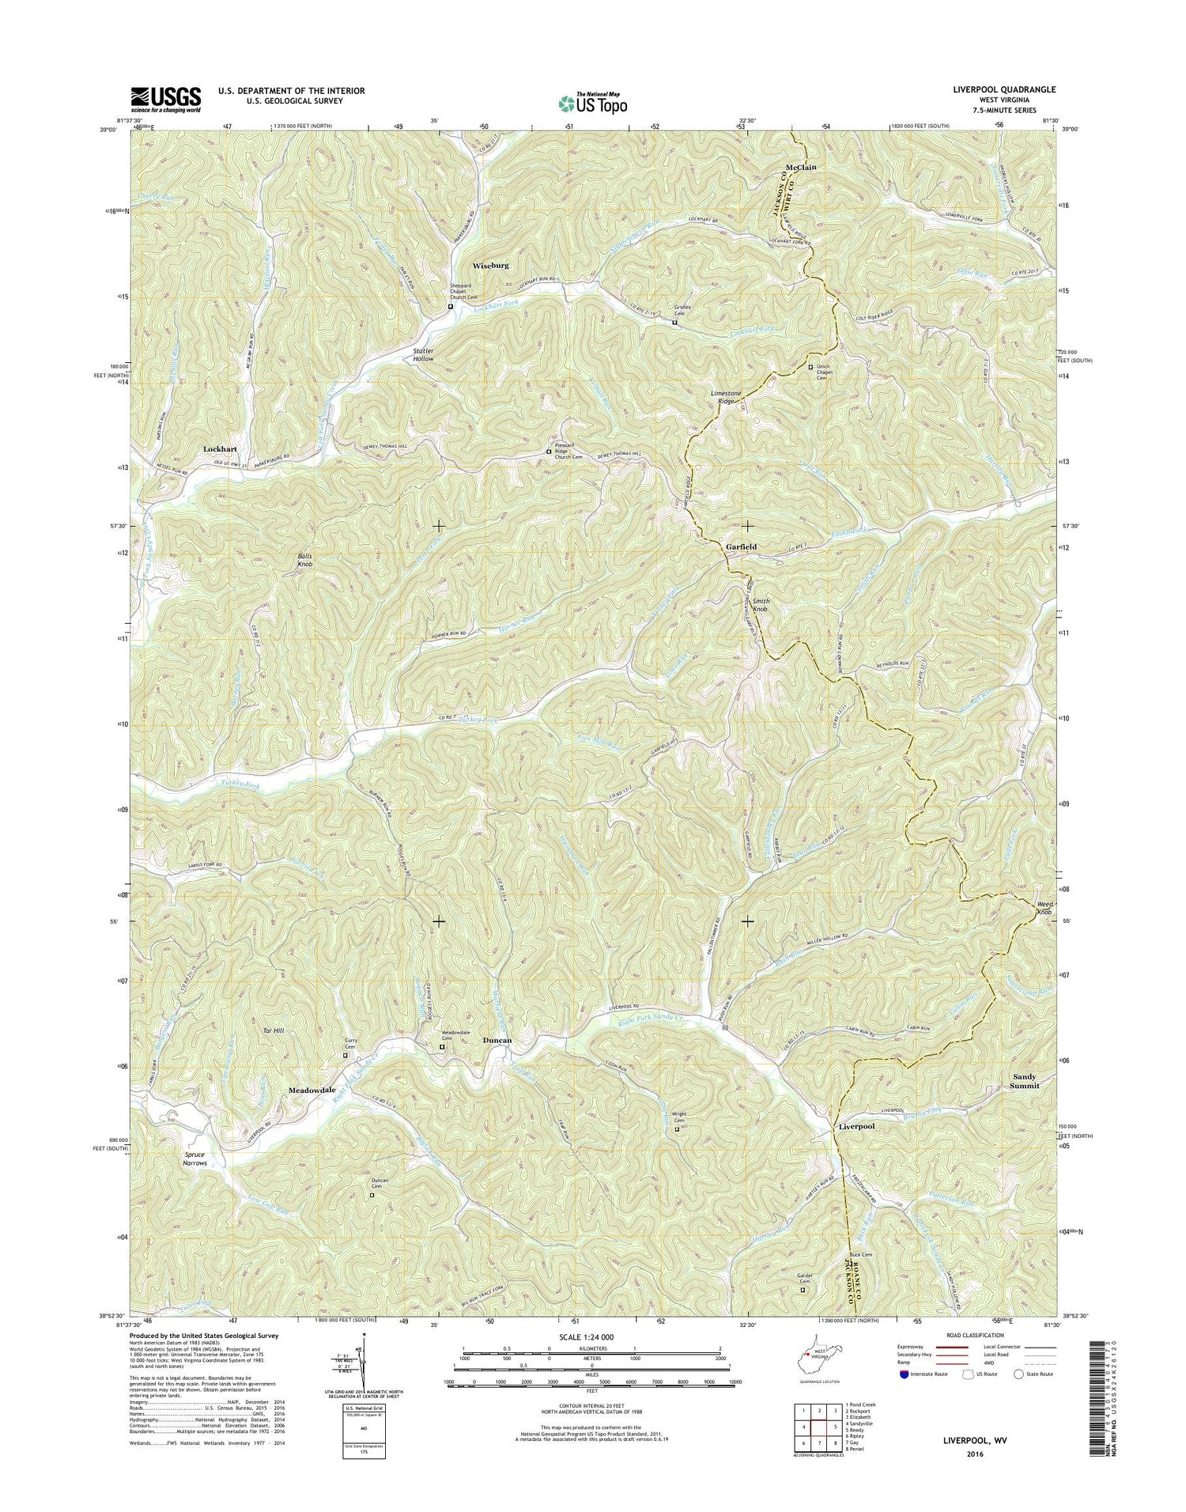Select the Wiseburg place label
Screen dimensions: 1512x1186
pyautogui.click(x=490, y=266)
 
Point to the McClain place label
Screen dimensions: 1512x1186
pyautogui.click(x=800, y=168)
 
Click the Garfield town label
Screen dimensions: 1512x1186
pyautogui.click(x=742, y=546)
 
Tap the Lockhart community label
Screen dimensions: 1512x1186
pyautogui.click(x=220, y=448)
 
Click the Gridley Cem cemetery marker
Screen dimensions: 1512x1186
pyautogui.click(x=674, y=323)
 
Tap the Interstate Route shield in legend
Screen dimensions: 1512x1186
pyautogui.click(x=904, y=1374)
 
